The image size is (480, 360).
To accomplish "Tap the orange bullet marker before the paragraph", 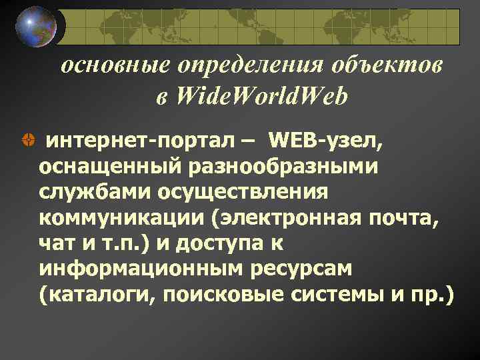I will [27, 142].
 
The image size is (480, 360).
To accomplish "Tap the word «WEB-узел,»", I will [327, 141].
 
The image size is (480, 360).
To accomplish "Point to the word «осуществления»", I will [243, 191].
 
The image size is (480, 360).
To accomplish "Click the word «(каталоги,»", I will [93, 293].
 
